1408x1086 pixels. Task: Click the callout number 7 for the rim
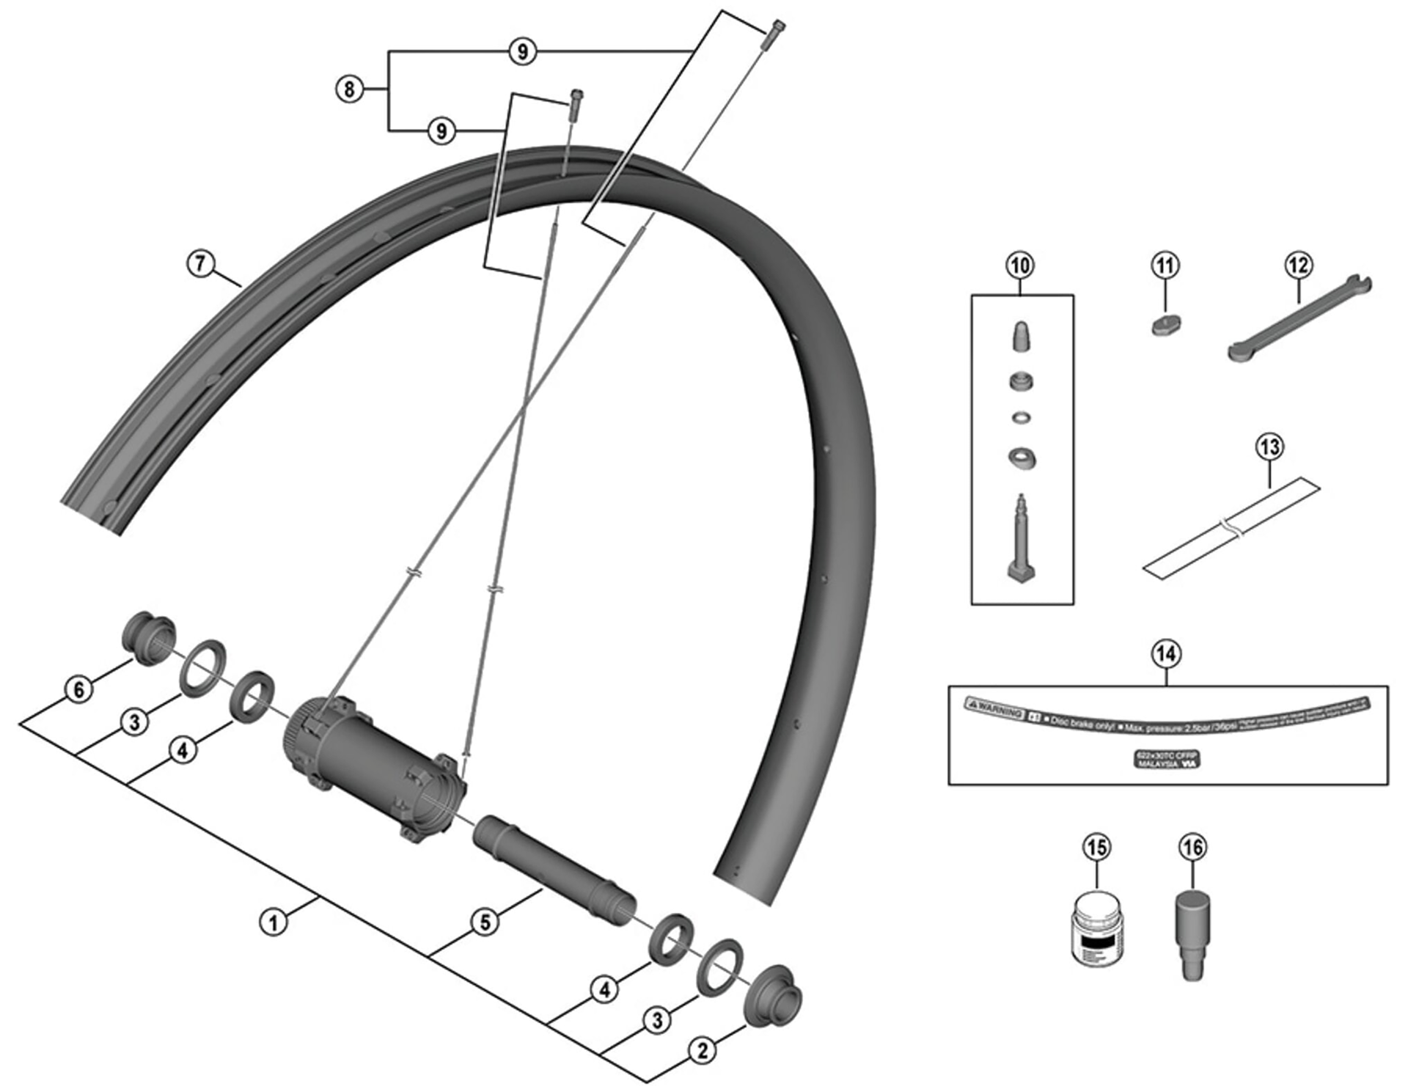click(x=201, y=263)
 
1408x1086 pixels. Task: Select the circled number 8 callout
click(x=349, y=89)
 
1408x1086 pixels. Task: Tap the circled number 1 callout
click(x=274, y=921)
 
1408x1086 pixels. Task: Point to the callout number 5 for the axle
click(x=485, y=922)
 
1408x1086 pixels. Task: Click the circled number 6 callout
click(x=79, y=689)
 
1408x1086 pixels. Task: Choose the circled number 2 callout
click(x=702, y=1051)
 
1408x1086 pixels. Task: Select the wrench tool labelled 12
click(x=1299, y=318)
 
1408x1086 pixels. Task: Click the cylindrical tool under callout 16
click(x=1193, y=931)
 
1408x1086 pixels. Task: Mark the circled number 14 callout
click(x=1166, y=653)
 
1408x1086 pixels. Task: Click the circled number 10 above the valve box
click(x=1021, y=265)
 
